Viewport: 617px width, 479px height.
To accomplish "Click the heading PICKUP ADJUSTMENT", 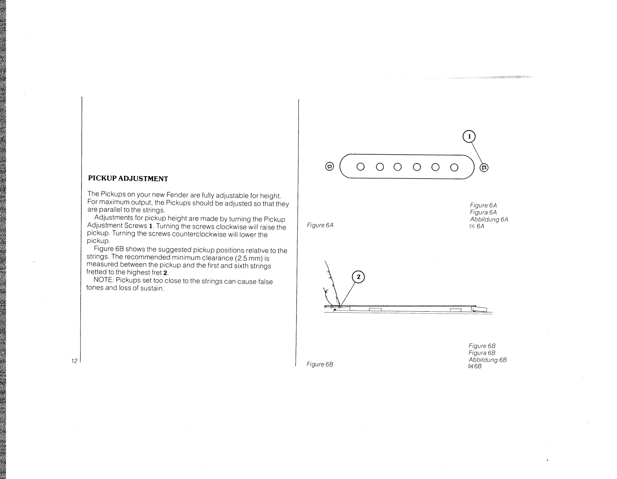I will (x=128, y=179).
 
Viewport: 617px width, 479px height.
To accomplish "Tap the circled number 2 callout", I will (x=358, y=277).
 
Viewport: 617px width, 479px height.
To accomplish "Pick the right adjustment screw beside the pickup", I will (x=484, y=167).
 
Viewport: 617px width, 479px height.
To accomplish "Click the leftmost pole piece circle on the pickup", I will (x=361, y=167).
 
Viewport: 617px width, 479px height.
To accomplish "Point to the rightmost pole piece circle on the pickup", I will (x=454, y=167).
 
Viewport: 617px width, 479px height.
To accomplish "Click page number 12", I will (x=74, y=361).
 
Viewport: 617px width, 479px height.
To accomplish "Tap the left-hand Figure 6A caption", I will (x=320, y=225).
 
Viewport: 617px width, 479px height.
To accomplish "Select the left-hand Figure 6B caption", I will (x=320, y=364).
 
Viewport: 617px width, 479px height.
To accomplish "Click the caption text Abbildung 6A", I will (x=489, y=219).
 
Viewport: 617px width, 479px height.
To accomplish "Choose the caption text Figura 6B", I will (x=482, y=353).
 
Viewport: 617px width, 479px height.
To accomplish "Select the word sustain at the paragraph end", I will (x=152, y=288).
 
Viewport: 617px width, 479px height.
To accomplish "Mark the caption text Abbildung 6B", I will (x=487, y=359).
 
